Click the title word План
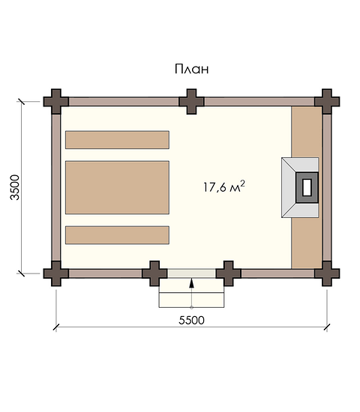click(191, 69)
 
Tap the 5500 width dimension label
click(191, 321)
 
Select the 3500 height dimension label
click(15, 187)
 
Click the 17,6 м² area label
click(224, 187)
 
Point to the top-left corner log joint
click(56, 101)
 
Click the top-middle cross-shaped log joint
click(191, 101)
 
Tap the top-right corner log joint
click(327, 101)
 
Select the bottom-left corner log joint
click(56, 273)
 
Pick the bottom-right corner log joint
click(327, 273)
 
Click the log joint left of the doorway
click(154, 273)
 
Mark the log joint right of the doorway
click(229, 273)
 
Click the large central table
click(117, 187)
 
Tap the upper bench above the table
click(117, 140)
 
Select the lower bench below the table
click(117, 235)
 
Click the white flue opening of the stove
click(307, 187)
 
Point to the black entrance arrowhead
click(191, 283)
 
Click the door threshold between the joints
click(191, 273)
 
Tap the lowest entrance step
click(191, 300)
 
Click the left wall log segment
click(56, 187)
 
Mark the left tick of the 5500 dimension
click(56, 327)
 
